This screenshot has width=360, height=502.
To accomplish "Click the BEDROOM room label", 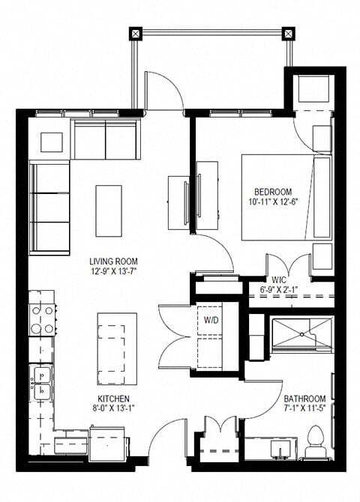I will pyautogui.click(x=273, y=191).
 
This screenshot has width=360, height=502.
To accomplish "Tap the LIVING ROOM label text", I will pyautogui.click(x=115, y=261).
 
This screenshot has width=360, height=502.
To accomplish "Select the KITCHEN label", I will pyautogui.click(x=114, y=398).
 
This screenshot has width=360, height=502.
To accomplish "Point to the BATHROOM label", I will pyautogui.click(x=304, y=398).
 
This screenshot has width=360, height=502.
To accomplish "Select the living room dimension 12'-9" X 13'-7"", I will pyautogui.click(x=115, y=272).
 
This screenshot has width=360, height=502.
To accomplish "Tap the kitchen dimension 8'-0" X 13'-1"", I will pyautogui.click(x=114, y=409).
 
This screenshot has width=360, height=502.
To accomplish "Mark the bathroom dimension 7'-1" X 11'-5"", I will pyautogui.click(x=304, y=409).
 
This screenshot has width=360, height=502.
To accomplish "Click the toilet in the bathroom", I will pyautogui.click(x=315, y=442).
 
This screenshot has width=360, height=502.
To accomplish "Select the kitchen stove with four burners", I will pyautogui.click(x=43, y=319).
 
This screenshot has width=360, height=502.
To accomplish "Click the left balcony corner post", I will pyautogui.click(x=135, y=33).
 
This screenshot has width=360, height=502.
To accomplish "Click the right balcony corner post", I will pyautogui.click(x=288, y=33).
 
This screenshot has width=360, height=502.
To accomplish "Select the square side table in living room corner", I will pyautogui.click(x=51, y=142).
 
